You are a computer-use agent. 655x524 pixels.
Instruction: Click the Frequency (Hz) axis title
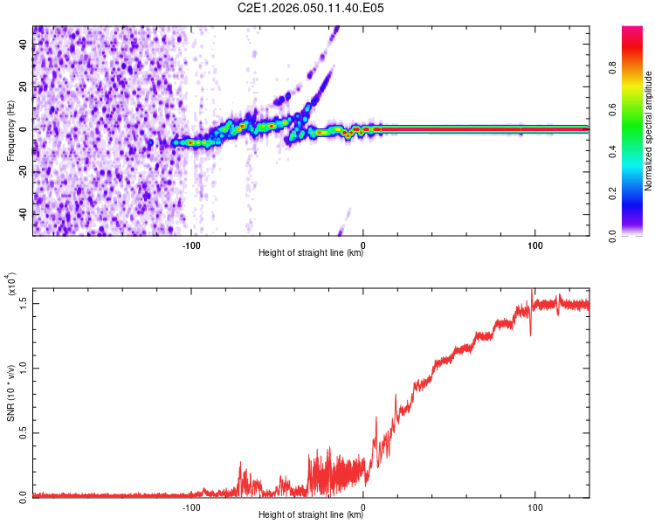click(10, 131)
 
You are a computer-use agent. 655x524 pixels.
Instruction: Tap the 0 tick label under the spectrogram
click(363, 244)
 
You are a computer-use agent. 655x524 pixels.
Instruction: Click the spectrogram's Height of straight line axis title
click(311, 253)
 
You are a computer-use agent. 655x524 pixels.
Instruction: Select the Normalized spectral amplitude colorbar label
click(648, 131)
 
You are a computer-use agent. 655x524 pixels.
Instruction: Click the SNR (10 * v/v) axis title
click(10, 395)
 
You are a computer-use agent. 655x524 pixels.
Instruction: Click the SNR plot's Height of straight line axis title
click(311, 515)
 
